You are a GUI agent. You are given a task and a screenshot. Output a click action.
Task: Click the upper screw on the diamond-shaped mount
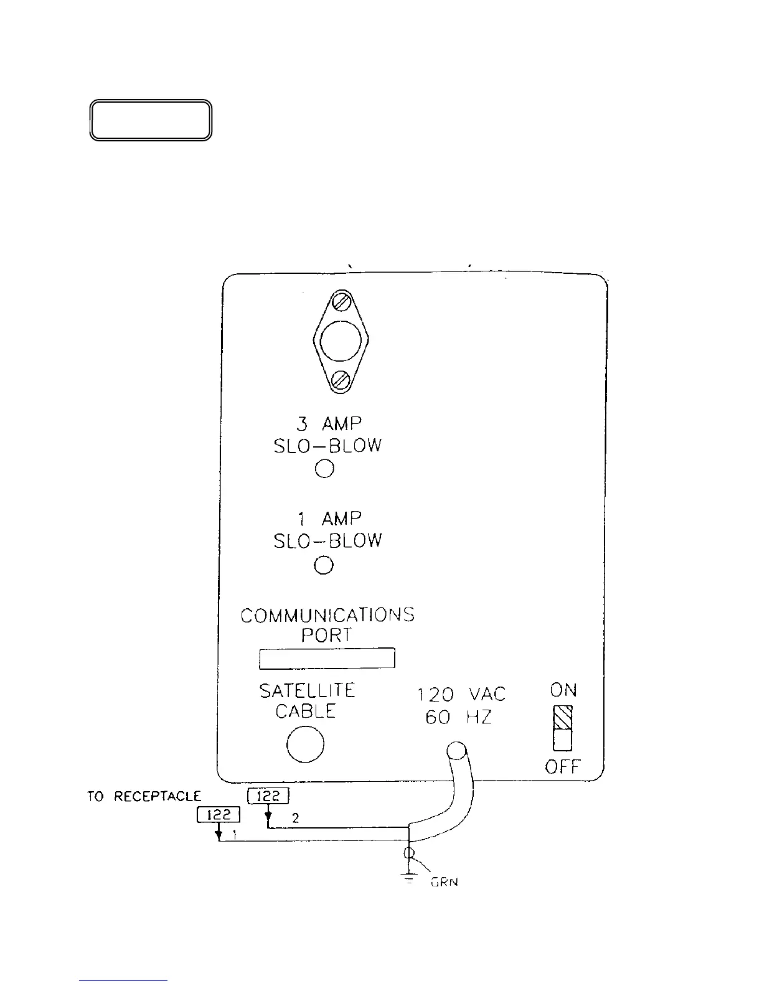[341, 303]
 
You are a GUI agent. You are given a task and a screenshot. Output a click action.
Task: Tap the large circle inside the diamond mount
[341, 340]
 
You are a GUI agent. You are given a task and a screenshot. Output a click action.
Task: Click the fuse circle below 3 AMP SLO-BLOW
[324, 469]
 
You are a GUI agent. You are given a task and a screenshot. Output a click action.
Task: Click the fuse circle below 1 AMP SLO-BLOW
[324, 565]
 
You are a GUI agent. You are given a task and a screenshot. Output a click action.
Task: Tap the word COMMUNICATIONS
[327, 615]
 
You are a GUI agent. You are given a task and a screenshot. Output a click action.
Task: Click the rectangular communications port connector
[327, 657]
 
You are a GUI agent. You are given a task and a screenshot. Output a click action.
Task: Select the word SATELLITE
[307, 690]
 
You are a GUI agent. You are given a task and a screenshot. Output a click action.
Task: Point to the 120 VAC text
[461, 694]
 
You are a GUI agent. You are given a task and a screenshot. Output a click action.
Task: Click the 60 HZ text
[458, 717]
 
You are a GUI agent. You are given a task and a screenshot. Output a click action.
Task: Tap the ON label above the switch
[563, 690]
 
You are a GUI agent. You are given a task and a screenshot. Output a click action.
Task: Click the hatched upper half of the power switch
[563, 718]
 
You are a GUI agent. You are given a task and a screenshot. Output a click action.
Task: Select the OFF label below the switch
[562, 767]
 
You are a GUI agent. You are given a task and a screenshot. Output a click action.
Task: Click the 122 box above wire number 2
[268, 796]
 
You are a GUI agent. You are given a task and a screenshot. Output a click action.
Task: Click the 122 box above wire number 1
[218, 814]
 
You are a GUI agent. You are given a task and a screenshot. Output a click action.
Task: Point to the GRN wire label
[444, 882]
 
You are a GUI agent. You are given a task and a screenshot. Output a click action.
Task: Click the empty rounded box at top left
[151, 120]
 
